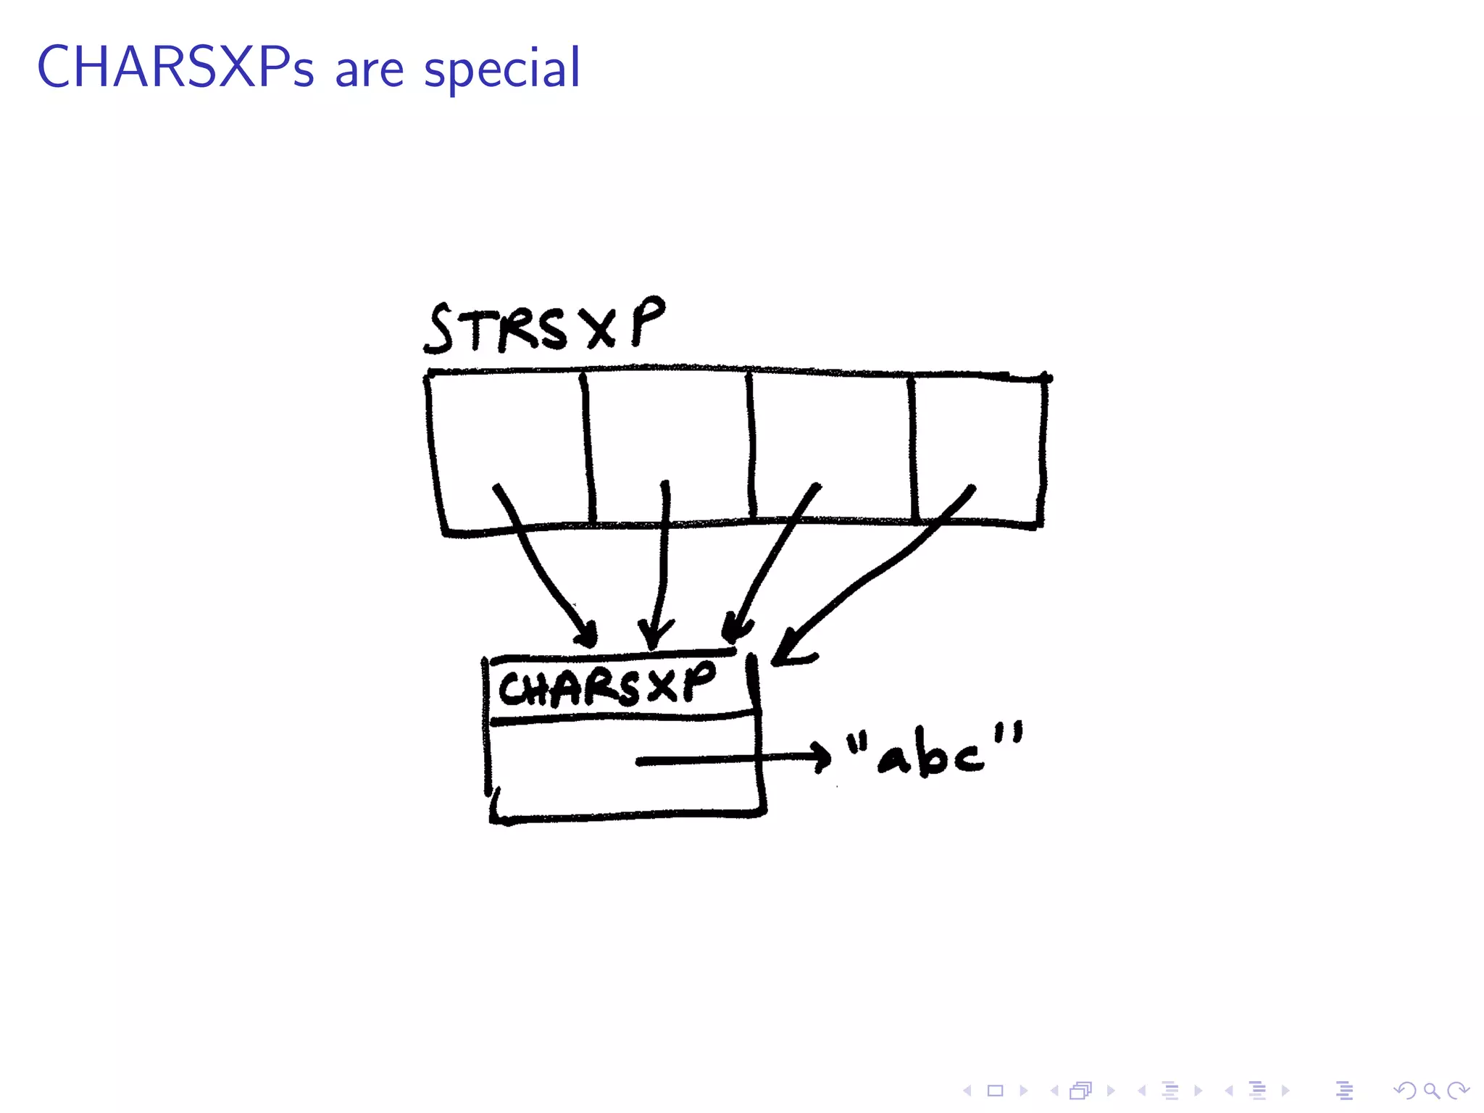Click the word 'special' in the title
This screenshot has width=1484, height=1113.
point(501,70)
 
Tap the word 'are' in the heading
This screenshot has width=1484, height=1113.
point(369,71)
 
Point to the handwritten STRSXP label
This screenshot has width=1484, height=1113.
point(543,328)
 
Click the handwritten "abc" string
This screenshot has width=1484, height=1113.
point(935,752)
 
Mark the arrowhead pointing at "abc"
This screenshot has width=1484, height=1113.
point(822,757)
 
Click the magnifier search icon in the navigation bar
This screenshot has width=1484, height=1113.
point(1431,1091)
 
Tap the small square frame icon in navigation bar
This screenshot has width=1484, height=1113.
point(995,1091)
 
